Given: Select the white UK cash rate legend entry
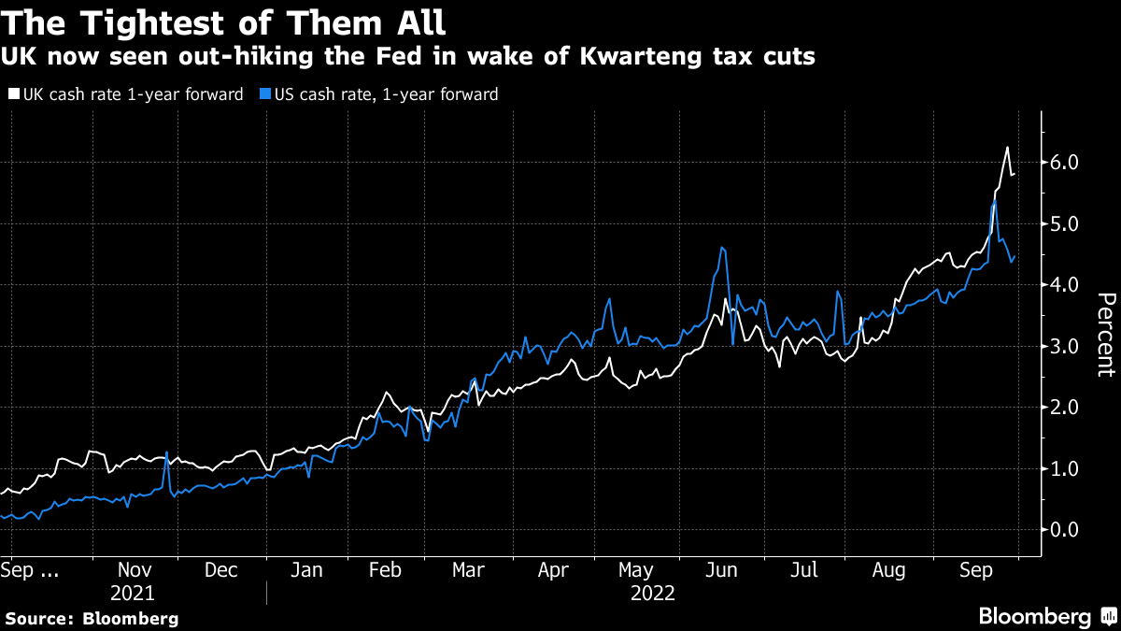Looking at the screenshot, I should point(125,94).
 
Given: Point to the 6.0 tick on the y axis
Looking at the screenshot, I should point(1065,163).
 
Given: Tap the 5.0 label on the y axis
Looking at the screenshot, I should point(1065,224).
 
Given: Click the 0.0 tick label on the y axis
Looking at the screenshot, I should point(1065,529).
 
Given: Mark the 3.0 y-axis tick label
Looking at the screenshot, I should point(1065,347).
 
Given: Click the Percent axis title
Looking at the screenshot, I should point(1105,335).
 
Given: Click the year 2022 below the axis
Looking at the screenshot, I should point(653,594).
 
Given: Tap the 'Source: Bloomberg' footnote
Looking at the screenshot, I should point(92,618).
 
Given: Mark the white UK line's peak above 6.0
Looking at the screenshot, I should point(1007,148).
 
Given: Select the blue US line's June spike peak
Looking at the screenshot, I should point(722,248).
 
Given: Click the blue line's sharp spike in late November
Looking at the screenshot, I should point(166,453).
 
